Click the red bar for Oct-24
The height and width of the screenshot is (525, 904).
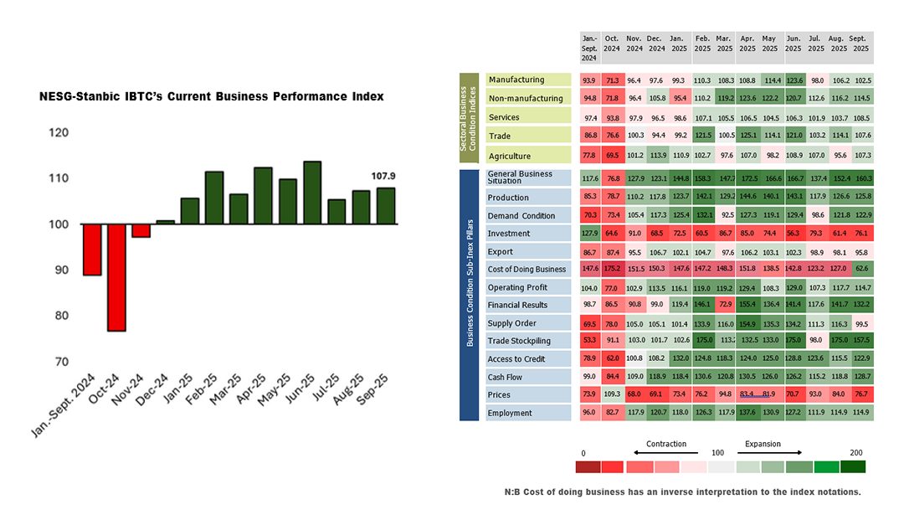click(116, 277)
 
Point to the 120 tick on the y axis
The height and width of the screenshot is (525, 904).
click(59, 132)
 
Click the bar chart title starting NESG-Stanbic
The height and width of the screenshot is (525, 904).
click(212, 97)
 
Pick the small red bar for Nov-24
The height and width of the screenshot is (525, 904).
click(141, 230)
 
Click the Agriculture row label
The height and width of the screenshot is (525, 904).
click(510, 155)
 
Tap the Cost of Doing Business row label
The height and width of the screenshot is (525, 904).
click(527, 269)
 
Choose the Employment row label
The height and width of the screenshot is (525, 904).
click(511, 413)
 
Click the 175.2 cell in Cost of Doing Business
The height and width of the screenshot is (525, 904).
click(613, 269)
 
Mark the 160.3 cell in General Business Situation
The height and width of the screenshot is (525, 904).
click(861, 178)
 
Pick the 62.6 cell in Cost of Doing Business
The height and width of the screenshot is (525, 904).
click(861, 269)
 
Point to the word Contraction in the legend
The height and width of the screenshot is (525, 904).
click(666, 444)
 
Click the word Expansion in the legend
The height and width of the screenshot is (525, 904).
click(763, 444)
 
